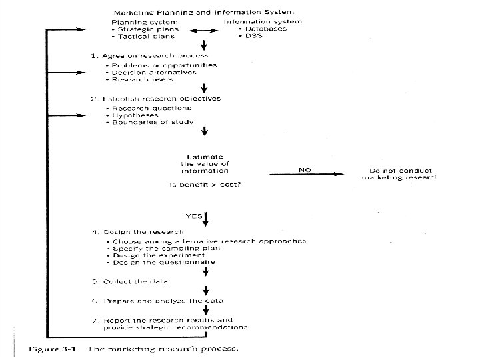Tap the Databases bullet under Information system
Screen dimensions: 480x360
265,29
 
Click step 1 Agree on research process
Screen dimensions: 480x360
149,55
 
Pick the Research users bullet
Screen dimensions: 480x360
142,79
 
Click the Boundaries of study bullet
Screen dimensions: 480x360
153,122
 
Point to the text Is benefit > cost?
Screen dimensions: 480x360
209,184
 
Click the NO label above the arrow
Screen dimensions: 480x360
305,170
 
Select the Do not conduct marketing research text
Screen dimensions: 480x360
398,174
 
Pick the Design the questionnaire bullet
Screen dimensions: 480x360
164,262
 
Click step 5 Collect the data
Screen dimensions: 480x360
129,282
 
